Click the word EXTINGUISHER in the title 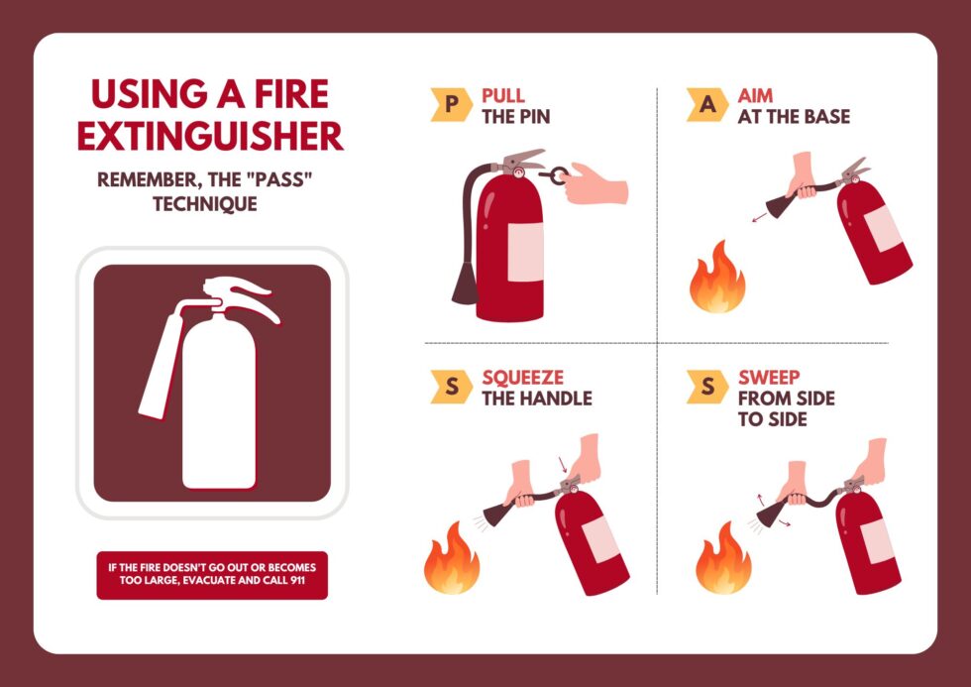210,136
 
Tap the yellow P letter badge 452,105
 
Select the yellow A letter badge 707,105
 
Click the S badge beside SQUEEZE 452,387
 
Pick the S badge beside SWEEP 707,387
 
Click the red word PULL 503,96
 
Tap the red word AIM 756,96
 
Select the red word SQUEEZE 522,378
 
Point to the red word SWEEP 769,378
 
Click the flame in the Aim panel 717,278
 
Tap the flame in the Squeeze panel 452,560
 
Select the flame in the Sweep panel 722,560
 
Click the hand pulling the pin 599,183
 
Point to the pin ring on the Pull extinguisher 559,176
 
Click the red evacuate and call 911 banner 211,575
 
